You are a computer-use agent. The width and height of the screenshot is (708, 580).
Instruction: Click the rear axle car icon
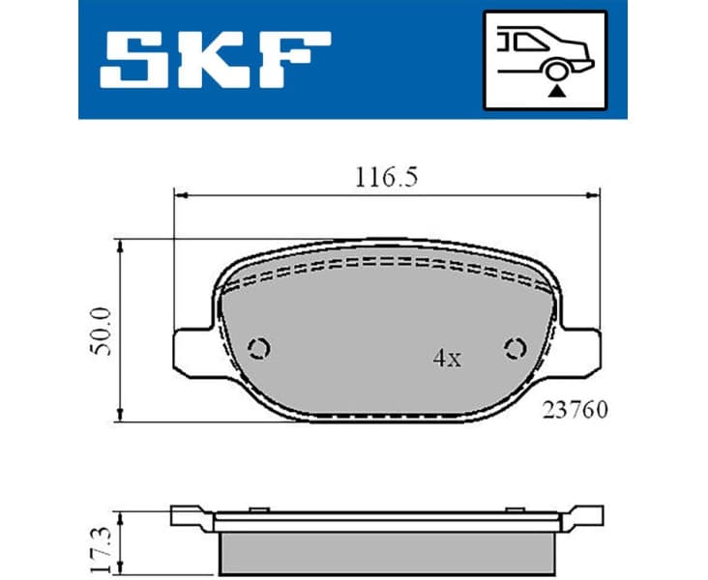(545, 58)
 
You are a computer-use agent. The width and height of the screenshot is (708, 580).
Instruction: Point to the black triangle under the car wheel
(556, 89)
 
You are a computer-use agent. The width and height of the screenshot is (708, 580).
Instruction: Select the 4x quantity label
(446, 359)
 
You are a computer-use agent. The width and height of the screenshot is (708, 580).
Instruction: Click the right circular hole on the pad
(513, 348)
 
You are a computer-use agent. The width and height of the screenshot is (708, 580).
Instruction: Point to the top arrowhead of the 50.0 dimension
(120, 245)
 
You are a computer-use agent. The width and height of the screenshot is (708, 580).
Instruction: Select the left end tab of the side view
(188, 515)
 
